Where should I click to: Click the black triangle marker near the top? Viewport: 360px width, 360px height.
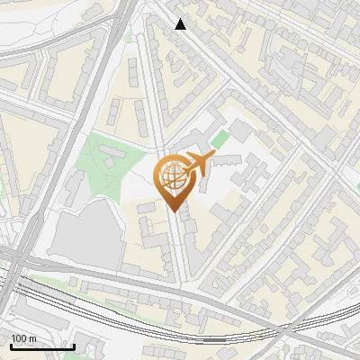coord(181,24)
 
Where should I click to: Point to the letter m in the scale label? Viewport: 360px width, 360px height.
coord(33,338)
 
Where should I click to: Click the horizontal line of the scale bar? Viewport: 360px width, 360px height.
coord(42,346)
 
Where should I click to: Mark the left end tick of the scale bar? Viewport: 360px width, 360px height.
coord(11,345)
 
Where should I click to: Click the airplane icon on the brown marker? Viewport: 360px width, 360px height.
coord(196,165)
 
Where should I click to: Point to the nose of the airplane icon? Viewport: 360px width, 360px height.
coord(211,158)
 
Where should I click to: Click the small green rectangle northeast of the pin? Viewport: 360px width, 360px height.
coord(220,140)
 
